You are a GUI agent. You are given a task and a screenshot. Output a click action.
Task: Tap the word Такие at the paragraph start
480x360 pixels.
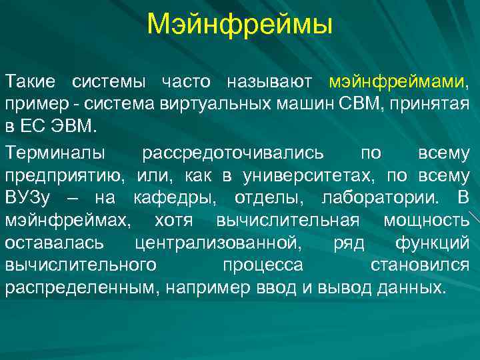coord(33,82)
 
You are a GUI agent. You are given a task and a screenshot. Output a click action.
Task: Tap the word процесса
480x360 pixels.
coord(263,265)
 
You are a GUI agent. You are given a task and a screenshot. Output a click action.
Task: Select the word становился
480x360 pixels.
coord(419,265)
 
